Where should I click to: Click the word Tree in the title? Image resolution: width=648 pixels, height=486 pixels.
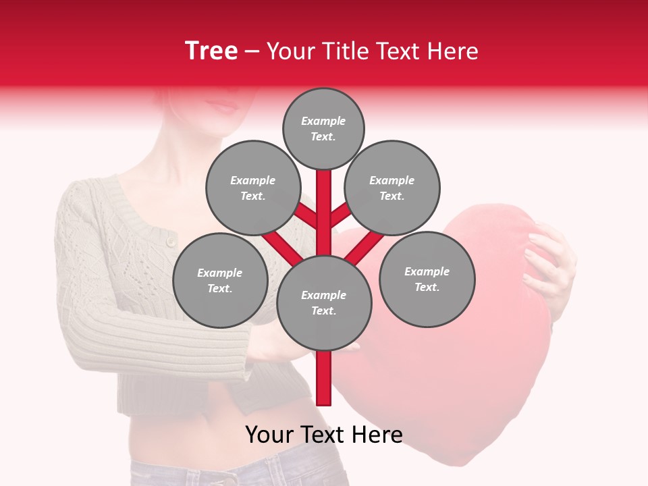[211, 51]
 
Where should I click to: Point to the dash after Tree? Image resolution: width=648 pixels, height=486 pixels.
[252, 52]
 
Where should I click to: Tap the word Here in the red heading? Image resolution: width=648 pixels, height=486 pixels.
[452, 51]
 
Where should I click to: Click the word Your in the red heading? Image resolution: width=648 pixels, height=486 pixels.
[291, 51]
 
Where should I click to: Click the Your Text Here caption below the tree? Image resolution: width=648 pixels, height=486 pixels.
[324, 435]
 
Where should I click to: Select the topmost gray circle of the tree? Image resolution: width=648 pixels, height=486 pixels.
[323, 128]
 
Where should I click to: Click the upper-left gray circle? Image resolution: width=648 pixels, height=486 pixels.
[252, 188]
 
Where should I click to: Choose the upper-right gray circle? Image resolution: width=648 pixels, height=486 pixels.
[392, 188]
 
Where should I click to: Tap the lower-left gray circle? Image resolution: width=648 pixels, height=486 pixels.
[220, 280]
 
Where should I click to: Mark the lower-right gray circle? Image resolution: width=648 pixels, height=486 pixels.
[427, 279]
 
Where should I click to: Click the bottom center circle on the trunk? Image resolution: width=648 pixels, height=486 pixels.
[324, 302]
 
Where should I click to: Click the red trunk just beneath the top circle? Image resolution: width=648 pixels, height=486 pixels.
[324, 186]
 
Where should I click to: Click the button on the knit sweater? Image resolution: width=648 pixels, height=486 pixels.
[171, 241]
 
